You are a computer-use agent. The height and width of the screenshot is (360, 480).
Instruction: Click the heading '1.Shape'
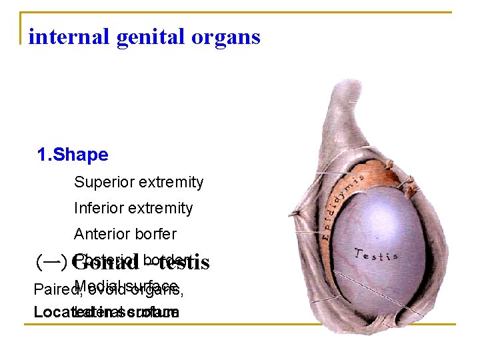point(73,155)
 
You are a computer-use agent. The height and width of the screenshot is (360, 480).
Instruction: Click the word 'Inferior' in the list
point(97,208)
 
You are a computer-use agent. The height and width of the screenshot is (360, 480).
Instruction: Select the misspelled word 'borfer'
point(157,234)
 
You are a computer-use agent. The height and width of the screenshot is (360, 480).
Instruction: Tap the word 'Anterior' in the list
point(103,234)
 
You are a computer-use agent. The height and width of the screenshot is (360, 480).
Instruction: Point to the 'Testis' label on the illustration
point(376,255)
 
